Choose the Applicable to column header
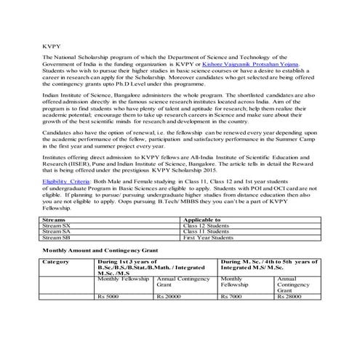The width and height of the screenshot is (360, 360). coord(206,219)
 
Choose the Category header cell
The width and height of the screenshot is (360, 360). coord(56,260)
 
